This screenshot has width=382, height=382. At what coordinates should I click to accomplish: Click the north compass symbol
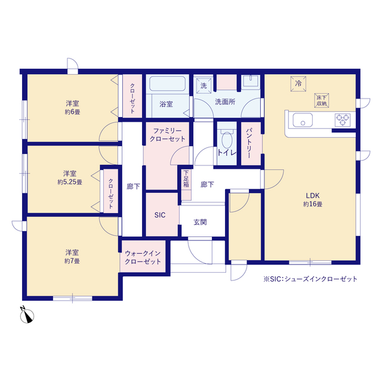pos(27,315)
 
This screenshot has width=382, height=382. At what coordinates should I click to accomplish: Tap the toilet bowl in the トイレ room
pos(227,139)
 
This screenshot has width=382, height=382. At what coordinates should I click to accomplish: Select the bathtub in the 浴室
pos(168,84)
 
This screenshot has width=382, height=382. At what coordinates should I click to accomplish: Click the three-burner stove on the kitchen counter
pos(343,120)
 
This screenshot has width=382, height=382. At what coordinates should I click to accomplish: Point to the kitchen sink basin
pos(303,120)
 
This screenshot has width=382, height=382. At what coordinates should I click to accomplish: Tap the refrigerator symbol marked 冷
pos(298,84)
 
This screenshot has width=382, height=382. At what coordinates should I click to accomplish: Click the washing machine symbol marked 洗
pos(204,85)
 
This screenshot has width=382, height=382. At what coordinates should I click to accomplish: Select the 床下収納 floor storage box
pos(322,100)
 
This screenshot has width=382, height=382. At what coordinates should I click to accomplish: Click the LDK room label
pos(313,195)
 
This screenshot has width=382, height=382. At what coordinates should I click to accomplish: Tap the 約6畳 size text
pos(72,112)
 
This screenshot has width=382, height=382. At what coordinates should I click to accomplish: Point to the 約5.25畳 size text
pos(70,182)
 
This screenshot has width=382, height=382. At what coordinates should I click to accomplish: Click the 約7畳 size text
pos(72,261)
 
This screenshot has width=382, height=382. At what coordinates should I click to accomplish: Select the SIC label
pos(160,215)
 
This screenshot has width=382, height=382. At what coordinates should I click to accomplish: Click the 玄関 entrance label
pos(201,222)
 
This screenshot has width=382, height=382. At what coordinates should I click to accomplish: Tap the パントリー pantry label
pos(249,143)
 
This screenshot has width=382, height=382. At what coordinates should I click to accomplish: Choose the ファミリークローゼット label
pos(167,135)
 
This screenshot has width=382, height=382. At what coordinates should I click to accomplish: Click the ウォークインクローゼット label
pos(143,257)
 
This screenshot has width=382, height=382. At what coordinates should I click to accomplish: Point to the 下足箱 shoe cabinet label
pos(186,178)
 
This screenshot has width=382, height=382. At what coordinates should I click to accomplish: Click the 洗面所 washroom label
pos(225,102)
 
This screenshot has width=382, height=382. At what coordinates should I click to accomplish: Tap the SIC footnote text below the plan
pos(310,279)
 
